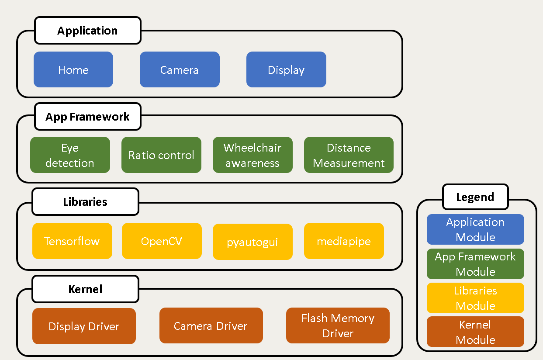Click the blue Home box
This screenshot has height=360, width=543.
tap(73, 69)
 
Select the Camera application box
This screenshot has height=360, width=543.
tap(180, 69)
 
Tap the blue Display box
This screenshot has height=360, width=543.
tap(286, 69)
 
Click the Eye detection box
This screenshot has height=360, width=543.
tap(70, 155)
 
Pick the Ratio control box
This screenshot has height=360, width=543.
tap(161, 155)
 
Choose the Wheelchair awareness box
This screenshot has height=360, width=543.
tap(252, 155)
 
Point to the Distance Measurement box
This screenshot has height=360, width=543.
tap(349, 155)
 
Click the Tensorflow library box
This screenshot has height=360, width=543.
tap(72, 241)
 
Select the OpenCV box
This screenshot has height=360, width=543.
tap(162, 241)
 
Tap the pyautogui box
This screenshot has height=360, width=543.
tap(252, 242)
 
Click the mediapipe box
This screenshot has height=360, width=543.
tap(344, 241)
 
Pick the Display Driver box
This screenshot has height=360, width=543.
tap(84, 326)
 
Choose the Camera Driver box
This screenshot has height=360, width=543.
tap(211, 325)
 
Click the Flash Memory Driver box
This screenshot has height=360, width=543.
tap(338, 325)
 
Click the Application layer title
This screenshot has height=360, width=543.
tap(88, 31)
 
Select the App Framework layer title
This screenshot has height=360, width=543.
tap(88, 117)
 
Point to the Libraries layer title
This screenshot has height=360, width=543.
tap(85, 202)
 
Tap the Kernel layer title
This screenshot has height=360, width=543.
tap(85, 289)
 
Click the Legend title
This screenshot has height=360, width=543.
tap(475, 197)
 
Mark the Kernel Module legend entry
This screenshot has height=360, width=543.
tap(475, 332)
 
